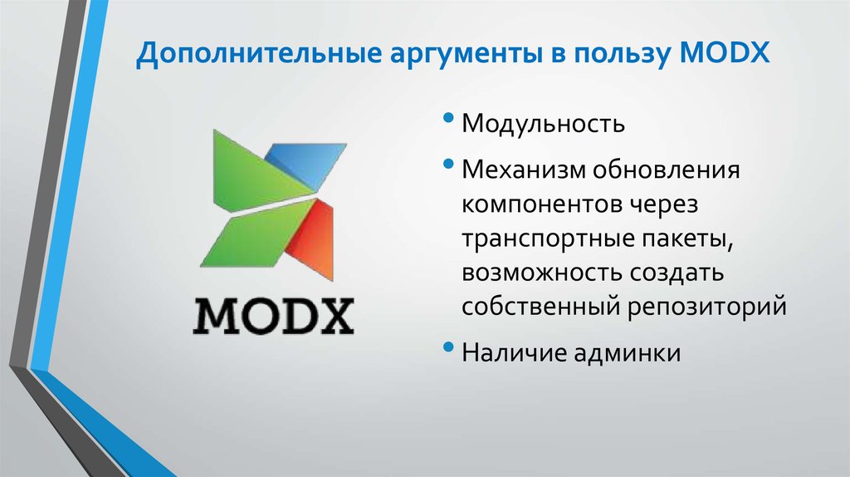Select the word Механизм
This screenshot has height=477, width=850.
click(x=525, y=171)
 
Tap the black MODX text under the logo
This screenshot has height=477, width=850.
click(x=273, y=314)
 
